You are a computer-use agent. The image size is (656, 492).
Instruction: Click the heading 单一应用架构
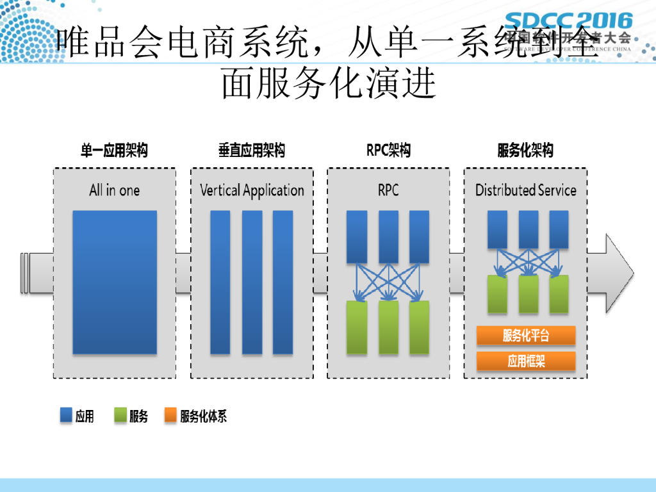point(114,151)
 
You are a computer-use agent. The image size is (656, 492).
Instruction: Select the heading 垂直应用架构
point(252,151)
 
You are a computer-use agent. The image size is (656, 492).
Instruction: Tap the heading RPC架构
point(388,151)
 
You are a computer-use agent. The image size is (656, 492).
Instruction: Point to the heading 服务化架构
point(525,151)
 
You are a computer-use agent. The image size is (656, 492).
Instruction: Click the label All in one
point(114,190)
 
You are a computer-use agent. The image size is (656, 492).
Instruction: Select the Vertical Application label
point(252,190)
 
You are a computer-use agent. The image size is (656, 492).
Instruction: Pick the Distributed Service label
point(525,190)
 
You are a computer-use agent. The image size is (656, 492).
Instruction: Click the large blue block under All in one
point(115,282)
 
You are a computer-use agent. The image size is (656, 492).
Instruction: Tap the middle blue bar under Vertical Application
point(252,282)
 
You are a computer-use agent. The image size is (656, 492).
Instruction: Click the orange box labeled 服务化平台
point(525,335)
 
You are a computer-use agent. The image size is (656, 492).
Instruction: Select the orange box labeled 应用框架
point(525,361)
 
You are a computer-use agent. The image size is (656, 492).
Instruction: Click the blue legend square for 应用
point(65,416)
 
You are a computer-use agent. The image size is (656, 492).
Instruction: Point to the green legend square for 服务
point(120,416)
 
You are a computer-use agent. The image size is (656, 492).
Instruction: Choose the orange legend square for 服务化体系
point(170,416)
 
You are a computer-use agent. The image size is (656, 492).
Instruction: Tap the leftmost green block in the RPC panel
point(357,327)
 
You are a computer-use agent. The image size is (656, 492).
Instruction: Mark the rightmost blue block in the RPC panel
point(419,236)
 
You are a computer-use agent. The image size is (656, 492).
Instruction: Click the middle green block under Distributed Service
point(529,294)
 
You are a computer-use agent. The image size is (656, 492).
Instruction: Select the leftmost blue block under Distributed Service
point(498,229)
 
